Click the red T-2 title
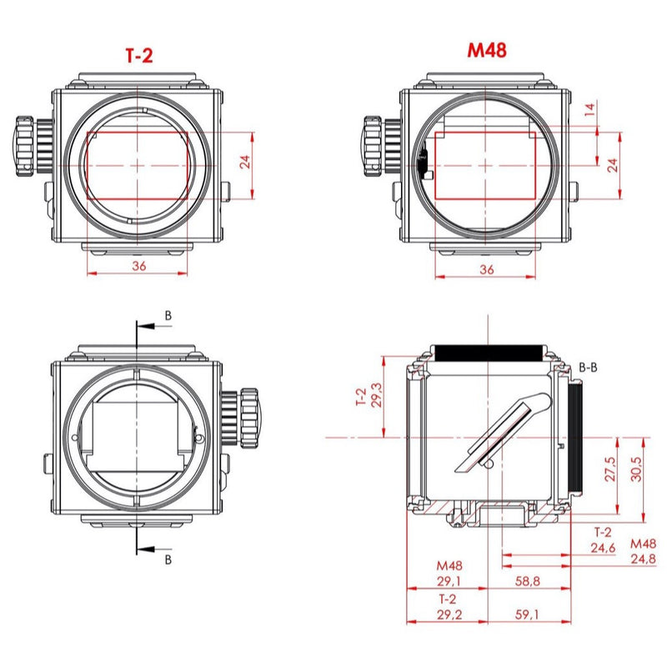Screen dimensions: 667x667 [139, 56]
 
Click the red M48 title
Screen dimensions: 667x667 [487, 50]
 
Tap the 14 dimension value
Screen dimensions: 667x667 [589, 109]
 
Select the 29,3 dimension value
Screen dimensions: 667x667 [377, 394]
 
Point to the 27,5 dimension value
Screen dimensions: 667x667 [610, 469]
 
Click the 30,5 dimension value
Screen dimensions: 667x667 [636, 469]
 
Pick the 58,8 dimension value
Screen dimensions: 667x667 [528, 580]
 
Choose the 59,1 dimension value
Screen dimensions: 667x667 [527, 614]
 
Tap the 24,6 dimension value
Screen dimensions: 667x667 [603, 548]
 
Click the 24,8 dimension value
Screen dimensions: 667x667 [643, 559]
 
